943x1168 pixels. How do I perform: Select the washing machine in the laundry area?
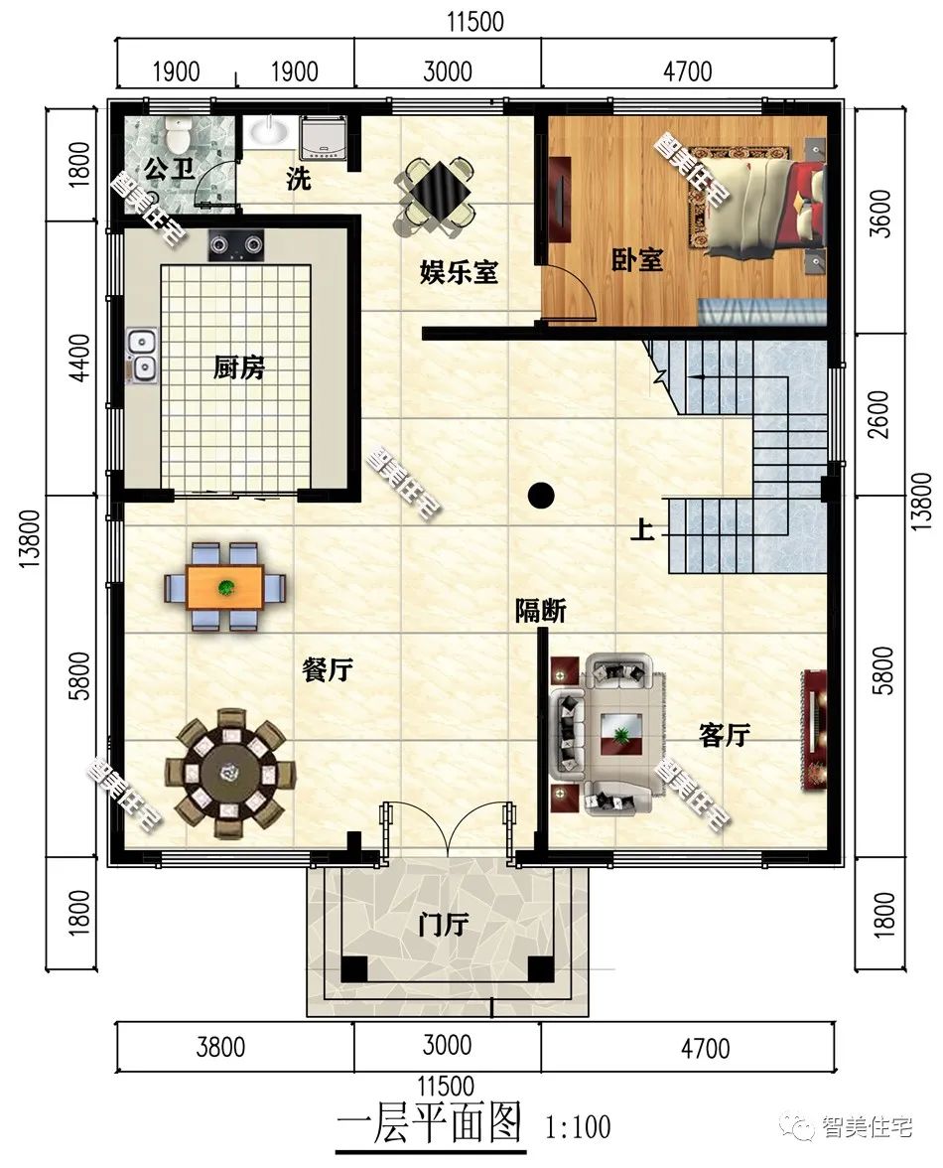click(323, 137)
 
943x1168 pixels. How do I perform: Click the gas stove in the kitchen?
click(236, 244)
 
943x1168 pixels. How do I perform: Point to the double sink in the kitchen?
click(141, 356)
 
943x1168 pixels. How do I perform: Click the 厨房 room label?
click(239, 367)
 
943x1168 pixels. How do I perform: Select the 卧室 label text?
click(637, 260)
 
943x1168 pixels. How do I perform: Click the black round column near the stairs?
click(541, 495)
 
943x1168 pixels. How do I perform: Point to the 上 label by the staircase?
click(642, 529)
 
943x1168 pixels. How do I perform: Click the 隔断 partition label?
click(541, 611)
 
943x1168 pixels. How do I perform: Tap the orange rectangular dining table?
click(224, 588)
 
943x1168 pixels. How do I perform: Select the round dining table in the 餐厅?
click(229, 773)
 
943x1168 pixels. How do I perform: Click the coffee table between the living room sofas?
click(621, 734)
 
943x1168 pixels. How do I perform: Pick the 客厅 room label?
click(725, 735)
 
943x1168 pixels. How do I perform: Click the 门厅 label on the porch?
click(444, 926)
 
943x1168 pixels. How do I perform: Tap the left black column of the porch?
click(354, 968)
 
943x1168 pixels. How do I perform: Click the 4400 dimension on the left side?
click(77, 359)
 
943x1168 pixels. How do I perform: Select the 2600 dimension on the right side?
click(879, 415)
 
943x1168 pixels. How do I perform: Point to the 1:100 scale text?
click(579, 1127)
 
